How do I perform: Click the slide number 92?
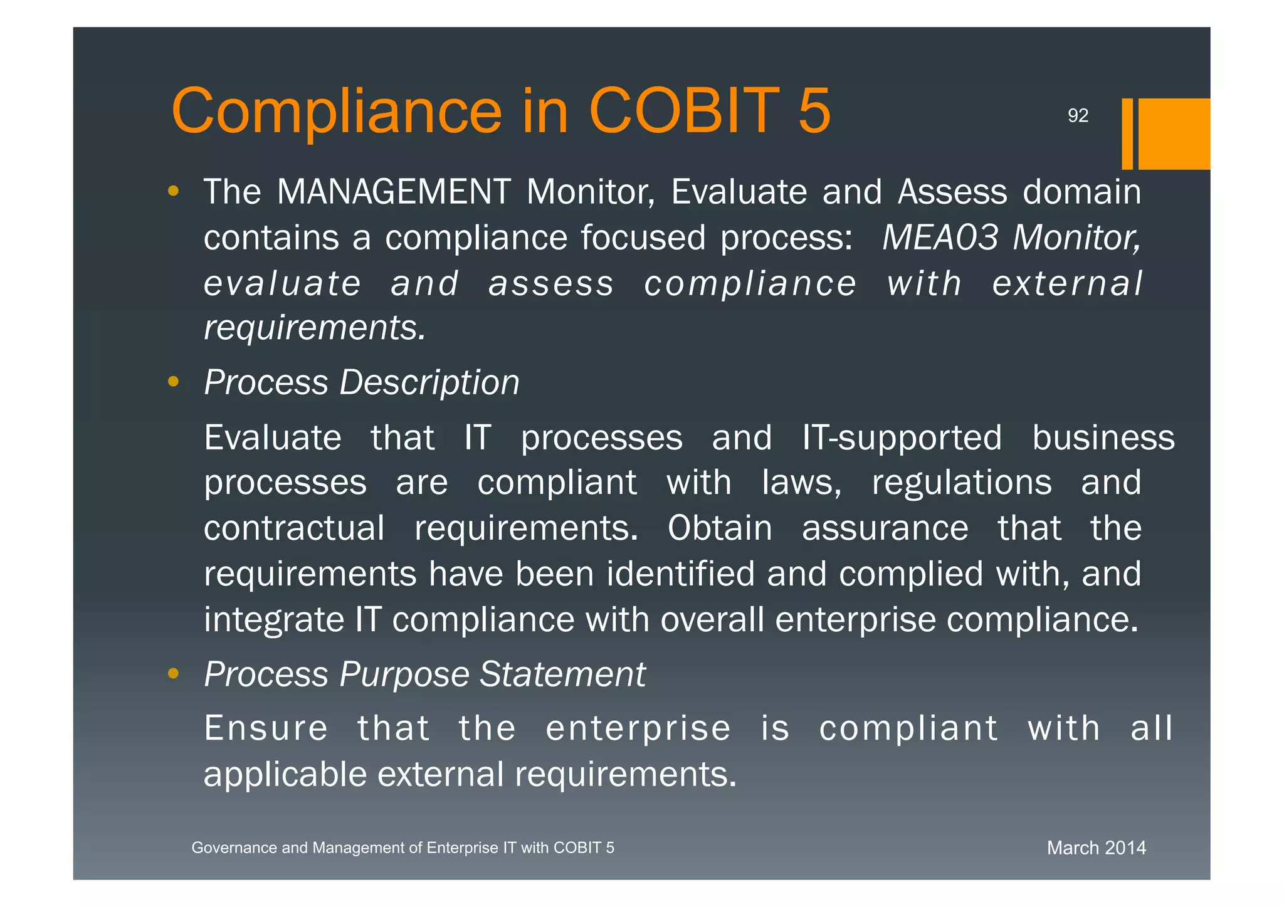(1078, 115)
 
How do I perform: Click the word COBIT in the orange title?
(684, 111)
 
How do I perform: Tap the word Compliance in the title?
(337, 111)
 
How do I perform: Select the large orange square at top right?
(1174, 134)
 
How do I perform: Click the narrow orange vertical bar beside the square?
(1127, 134)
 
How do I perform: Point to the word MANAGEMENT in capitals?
(394, 192)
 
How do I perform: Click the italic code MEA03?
(940, 238)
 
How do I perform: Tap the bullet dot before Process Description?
(174, 381)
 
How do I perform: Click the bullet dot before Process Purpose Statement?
(174, 674)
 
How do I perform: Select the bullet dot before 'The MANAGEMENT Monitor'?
(174, 191)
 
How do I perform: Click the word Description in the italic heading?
(429, 382)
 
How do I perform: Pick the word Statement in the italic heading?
(562, 674)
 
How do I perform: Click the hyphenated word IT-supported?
(902, 438)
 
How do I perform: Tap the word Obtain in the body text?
(720, 528)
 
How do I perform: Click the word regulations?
(962, 483)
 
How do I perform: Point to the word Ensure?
(266, 728)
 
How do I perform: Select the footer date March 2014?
(1096, 848)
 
